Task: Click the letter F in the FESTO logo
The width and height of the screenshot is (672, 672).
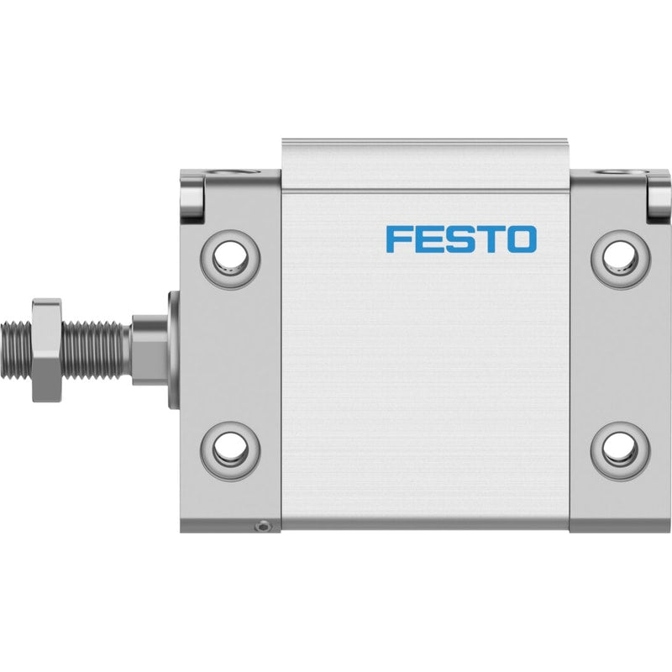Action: (x=396, y=239)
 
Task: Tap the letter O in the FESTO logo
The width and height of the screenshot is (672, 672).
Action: (x=522, y=239)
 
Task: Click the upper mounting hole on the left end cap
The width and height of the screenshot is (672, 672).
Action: (x=230, y=260)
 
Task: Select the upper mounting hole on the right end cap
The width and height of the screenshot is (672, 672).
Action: (x=621, y=260)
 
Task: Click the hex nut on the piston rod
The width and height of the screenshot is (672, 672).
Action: (x=47, y=350)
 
